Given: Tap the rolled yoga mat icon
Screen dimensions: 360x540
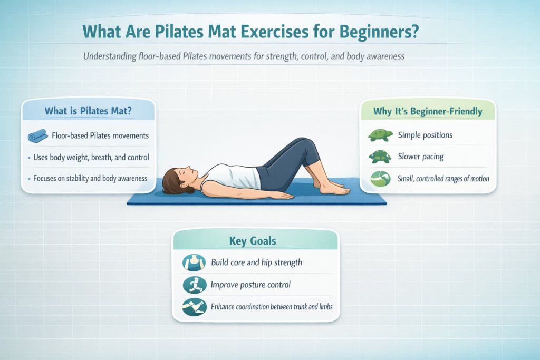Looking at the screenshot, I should click(37, 136).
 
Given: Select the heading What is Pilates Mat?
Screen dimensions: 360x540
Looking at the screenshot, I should click(88, 111).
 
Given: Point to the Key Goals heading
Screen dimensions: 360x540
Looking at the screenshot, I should click(253, 241).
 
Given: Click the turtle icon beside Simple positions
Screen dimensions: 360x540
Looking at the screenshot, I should click(380, 135).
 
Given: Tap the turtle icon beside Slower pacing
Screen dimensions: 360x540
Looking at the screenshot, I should click(380, 157).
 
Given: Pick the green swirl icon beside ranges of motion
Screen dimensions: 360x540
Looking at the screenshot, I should click(380, 179).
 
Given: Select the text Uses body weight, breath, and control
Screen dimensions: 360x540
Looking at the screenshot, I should click(91, 157).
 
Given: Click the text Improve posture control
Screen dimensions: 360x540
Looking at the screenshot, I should click(250, 285).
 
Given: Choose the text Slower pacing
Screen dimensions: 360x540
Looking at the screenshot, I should click(421, 157).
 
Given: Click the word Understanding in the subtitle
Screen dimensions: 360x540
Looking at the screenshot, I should click(110, 56).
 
